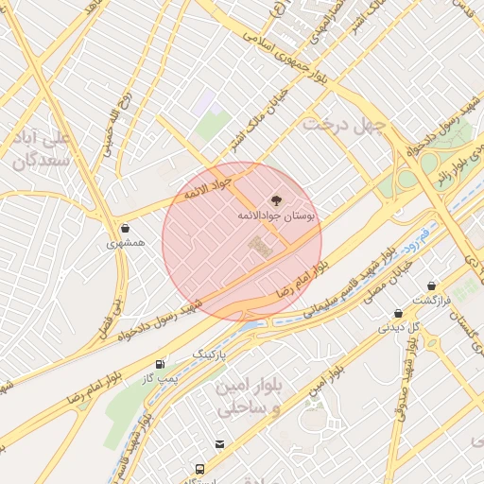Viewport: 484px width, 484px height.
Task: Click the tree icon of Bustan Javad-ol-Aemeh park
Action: pyautogui.click(x=276, y=200)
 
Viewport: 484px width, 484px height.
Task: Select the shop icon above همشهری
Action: pyautogui.click(x=126, y=228)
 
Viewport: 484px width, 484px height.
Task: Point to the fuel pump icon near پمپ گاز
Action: pyautogui.click(x=160, y=364)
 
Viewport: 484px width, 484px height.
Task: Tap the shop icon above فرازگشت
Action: pyautogui.click(x=431, y=285)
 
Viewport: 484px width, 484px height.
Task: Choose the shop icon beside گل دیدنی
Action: pyautogui.click(x=398, y=313)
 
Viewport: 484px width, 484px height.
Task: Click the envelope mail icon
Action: pyautogui.click(x=219, y=444)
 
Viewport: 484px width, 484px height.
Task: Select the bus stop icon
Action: pyautogui.click(x=199, y=469)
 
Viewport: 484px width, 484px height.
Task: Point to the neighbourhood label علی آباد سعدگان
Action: pyautogui.click(x=43, y=149)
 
